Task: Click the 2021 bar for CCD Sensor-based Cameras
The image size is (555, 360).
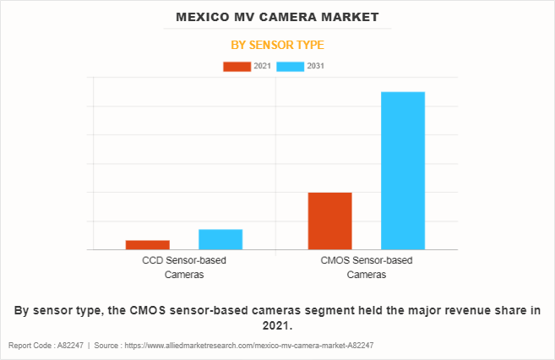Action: pos(148,245)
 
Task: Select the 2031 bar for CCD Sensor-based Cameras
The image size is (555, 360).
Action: pos(220,239)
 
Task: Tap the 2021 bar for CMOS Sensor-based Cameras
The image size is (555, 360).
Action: pos(329,221)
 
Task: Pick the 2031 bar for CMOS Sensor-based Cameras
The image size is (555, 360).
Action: pos(403,171)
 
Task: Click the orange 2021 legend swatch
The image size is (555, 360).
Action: pos(237,66)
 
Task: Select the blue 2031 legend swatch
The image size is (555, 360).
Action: pos(291,66)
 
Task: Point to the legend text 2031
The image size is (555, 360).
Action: pos(316,66)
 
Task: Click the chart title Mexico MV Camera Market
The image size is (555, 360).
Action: pos(277,17)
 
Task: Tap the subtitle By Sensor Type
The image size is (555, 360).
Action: pos(277,45)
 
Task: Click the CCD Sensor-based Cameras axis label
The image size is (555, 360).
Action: pos(184,267)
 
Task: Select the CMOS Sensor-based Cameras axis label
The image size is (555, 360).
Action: pos(367,267)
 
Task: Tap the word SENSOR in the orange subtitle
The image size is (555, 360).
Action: pos(277,45)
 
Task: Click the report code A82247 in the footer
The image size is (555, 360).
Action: pos(71,346)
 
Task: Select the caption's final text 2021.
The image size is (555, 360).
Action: pos(275,325)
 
